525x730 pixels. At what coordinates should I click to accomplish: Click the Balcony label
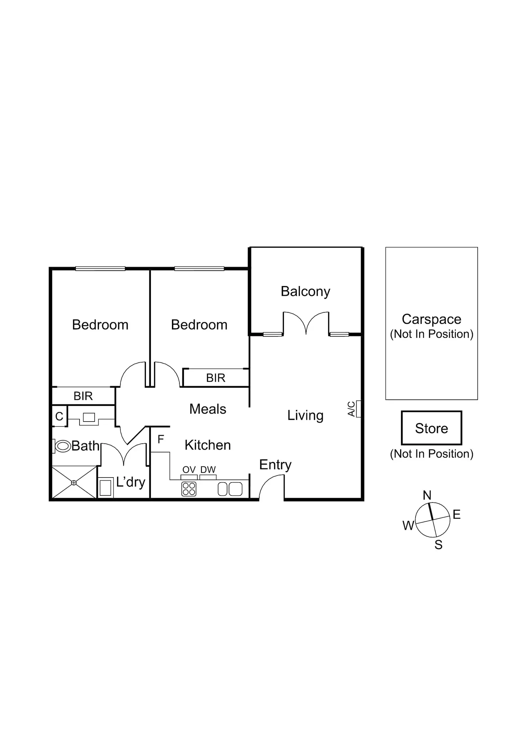pyautogui.click(x=305, y=291)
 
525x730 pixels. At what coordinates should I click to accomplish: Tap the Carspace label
pyautogui.click(x=431, y=319)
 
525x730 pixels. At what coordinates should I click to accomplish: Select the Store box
pyautogui.click(x=431, y=428)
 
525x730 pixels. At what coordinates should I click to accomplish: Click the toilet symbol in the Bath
pyautogui.click(x=63, y=446)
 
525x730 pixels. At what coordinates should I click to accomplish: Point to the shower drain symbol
pyautogui.click(x=74, y=483)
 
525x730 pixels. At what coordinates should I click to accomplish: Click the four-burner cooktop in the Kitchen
pyautogui.click(x=189, y=489)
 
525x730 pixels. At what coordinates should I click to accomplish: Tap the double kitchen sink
pyautogui.click(x=230, y=489)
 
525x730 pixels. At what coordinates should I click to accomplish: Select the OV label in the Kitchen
pyautogui.click(x=189, y=470)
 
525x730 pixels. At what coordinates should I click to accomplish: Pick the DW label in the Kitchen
pyautogui.click(x=208, y=470)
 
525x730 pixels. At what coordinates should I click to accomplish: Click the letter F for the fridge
pyautogui.click(x=161, y=439)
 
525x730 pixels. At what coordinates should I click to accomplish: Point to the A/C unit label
pyautogui.click(x=352, y=409)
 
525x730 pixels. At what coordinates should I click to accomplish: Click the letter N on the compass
pyautogui.click(x=427, y=495)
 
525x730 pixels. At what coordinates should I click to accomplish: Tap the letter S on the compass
pyautogui.click(x=438, y=545)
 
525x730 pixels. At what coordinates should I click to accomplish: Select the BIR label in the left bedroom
pyautogui.click(x=83, y=396)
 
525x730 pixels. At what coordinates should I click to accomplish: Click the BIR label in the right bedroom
pyautogui.click(x=216, y=378)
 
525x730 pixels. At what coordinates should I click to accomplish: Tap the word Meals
pyautogui.click(x=208, y=409)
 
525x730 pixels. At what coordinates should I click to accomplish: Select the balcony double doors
pyautogui.click(x=306, y=323)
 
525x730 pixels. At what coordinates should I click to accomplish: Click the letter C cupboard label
pyautogui.click(x=59, y=416)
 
